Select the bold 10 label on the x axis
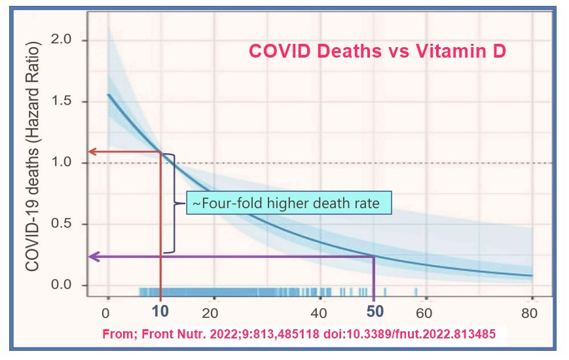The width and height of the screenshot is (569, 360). point(160,312)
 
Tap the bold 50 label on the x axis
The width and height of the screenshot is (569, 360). point(374,312)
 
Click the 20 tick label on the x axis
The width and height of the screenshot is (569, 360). point(211,312)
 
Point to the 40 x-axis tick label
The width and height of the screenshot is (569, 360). point(319,312)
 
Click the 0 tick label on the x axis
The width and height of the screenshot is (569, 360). point(107,312)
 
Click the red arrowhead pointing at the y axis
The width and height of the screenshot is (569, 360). point(92,152)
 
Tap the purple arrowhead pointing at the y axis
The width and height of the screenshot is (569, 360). point(92,257)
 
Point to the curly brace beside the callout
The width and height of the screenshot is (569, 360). point(173,203)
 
